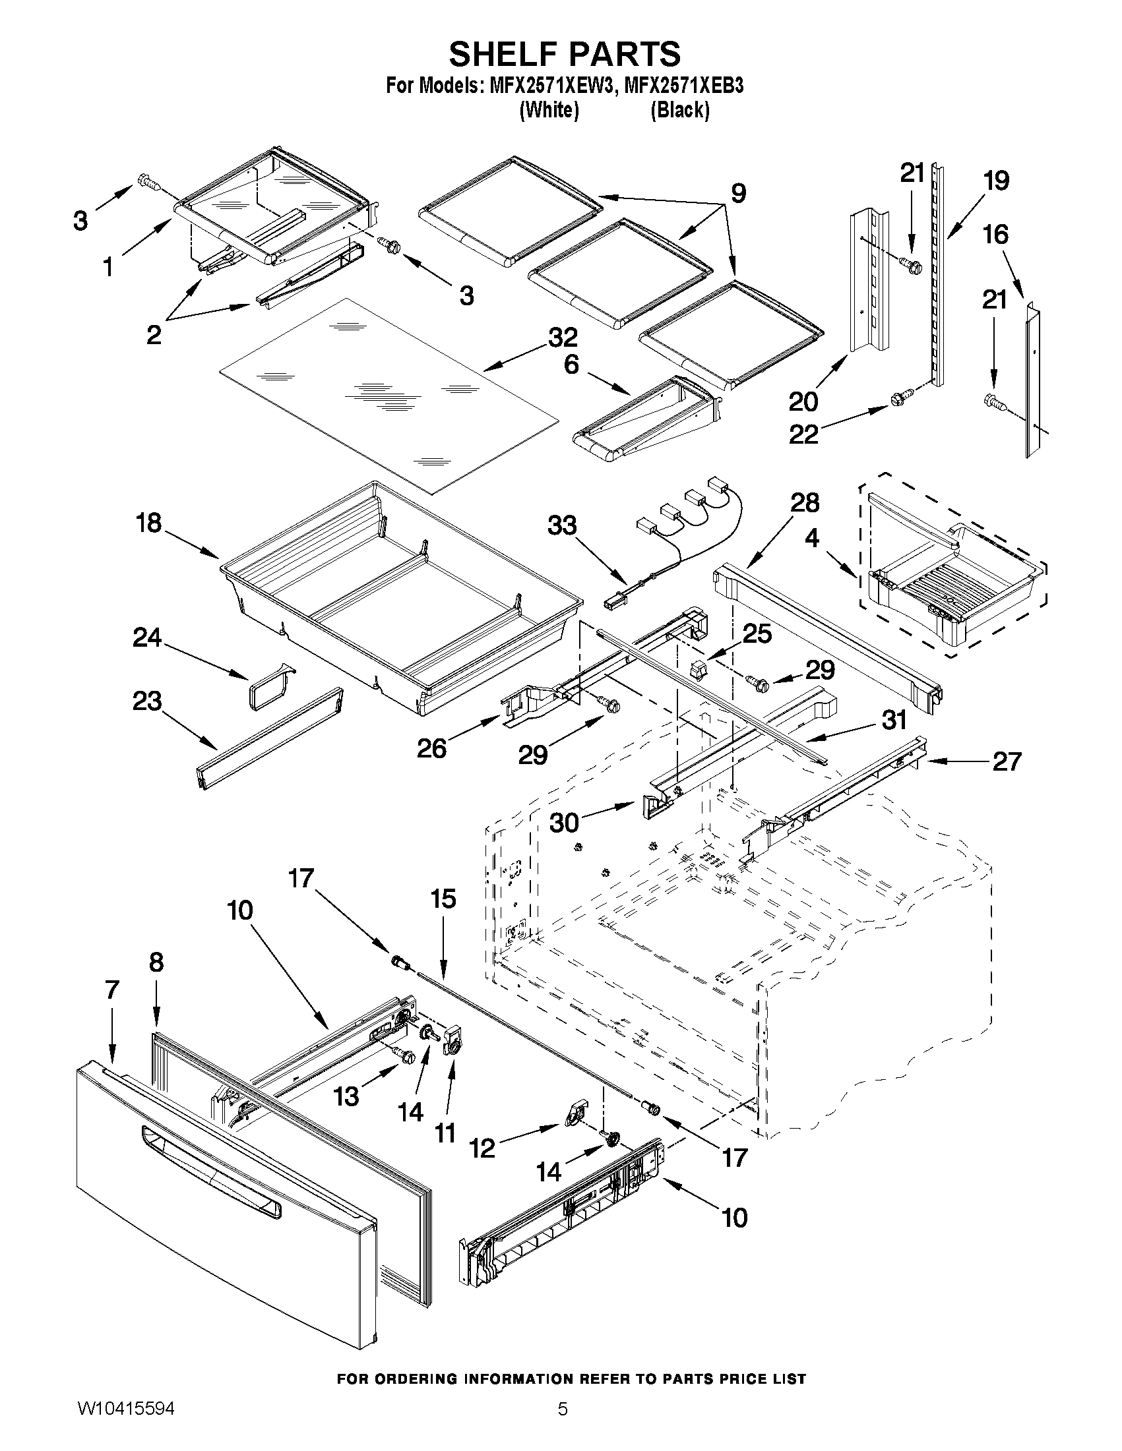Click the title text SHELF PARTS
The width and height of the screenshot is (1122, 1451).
pos(565,54)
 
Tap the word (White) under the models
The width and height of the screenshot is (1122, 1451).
pos(548,109)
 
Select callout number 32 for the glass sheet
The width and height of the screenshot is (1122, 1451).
pos(563,338)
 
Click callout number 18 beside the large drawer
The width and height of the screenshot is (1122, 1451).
pos(148,523)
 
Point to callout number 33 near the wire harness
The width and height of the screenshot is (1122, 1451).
pos(562,525)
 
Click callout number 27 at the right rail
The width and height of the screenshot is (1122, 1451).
pos(1006,761)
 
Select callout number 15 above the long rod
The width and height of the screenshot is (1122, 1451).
pos(443,899)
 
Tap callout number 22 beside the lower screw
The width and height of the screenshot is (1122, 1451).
pos(803,435)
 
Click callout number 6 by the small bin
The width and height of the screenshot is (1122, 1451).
pos(571,365)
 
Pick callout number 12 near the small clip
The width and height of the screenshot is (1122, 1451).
pos(483,1148)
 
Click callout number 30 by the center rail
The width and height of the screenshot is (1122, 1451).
pos(564,823)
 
